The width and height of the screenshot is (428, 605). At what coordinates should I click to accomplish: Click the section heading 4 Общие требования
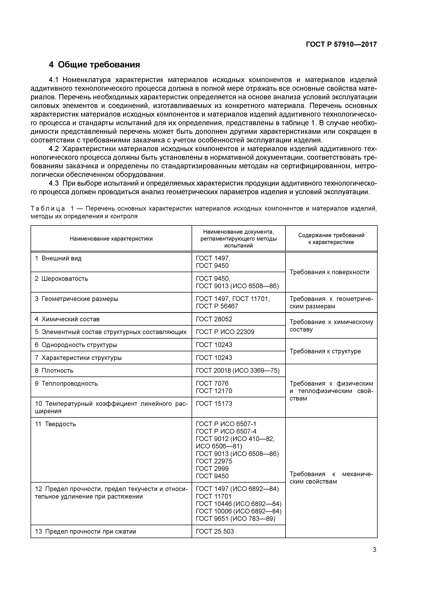coord(94,65)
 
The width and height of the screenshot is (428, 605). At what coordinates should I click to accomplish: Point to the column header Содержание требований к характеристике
coord(331,239)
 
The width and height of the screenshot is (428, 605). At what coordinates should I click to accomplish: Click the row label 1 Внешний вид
coord(58,258)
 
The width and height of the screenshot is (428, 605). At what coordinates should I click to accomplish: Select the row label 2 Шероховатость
coord(61,279)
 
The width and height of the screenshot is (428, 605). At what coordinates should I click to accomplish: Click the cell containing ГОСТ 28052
coord(214,319)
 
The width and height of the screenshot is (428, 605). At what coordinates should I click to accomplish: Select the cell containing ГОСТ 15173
coord(214,404)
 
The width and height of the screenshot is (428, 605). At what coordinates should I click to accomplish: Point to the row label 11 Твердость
coord(55,424)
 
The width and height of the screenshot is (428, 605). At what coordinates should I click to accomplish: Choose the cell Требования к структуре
coord(325,351)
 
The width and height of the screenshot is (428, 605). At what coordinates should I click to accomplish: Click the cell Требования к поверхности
coord(329,272)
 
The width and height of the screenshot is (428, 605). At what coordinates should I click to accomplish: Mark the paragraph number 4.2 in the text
coord(54,149)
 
